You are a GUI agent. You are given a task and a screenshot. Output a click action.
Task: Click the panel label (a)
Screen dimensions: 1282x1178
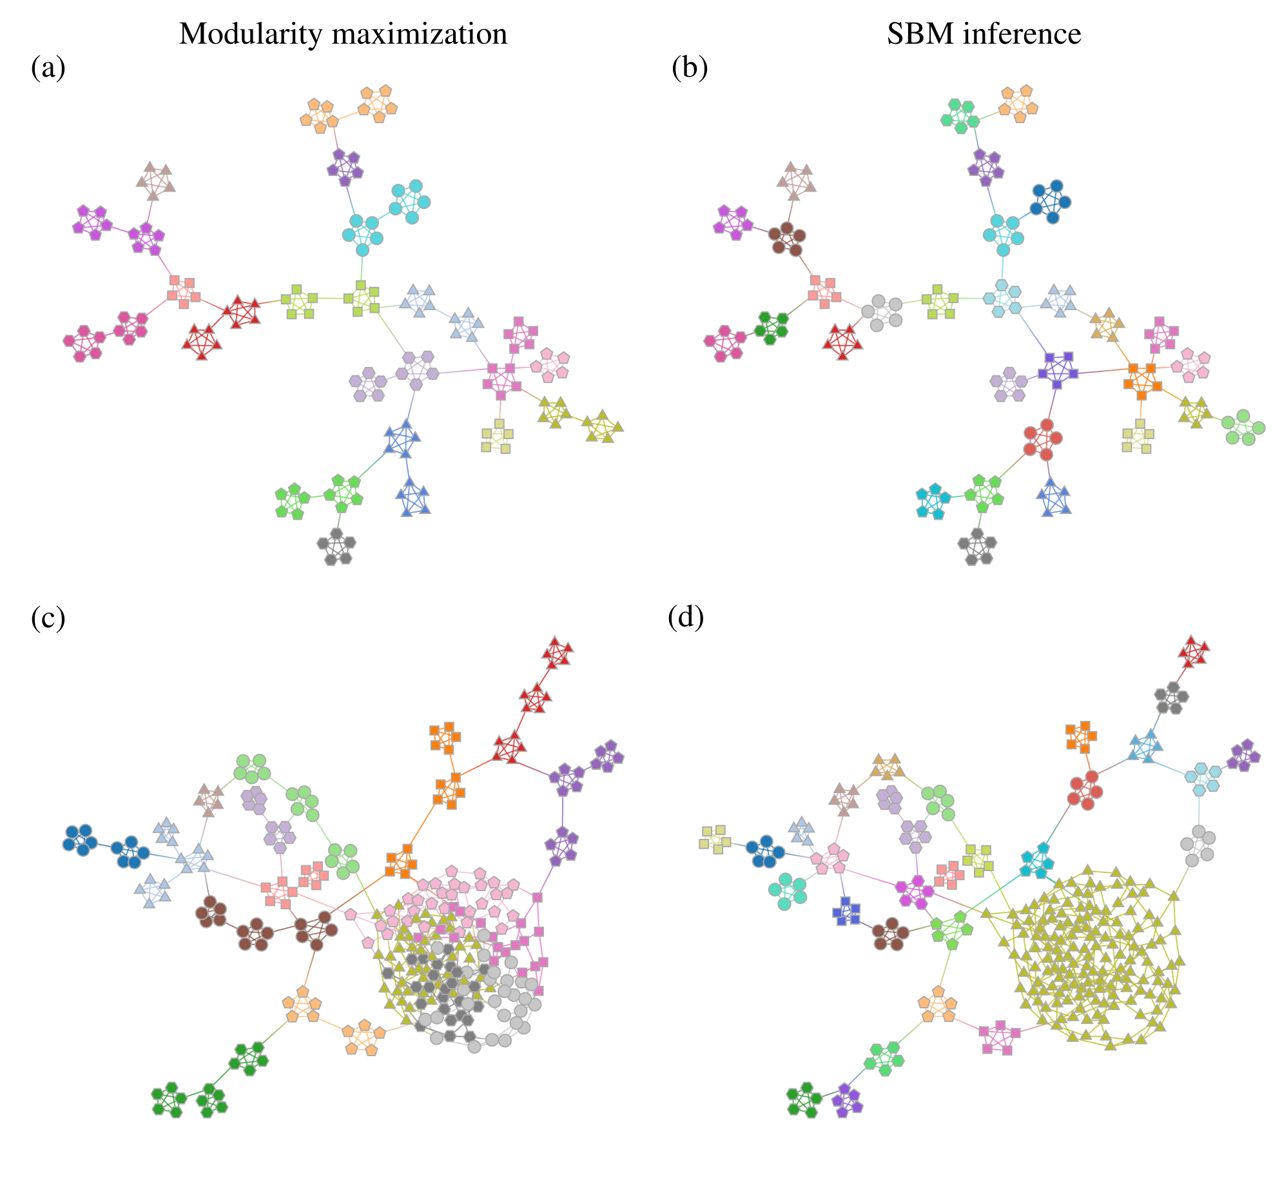48,68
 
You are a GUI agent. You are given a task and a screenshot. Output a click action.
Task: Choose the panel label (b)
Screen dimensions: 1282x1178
690,68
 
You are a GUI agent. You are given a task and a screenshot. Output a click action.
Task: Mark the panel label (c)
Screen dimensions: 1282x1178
48,618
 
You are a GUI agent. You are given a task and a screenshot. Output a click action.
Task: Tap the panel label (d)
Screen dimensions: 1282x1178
686,618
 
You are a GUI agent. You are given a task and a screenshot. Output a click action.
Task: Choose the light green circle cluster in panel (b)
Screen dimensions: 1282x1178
1243,427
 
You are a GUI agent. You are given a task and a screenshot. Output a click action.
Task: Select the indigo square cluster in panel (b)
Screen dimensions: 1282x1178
1058,370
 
